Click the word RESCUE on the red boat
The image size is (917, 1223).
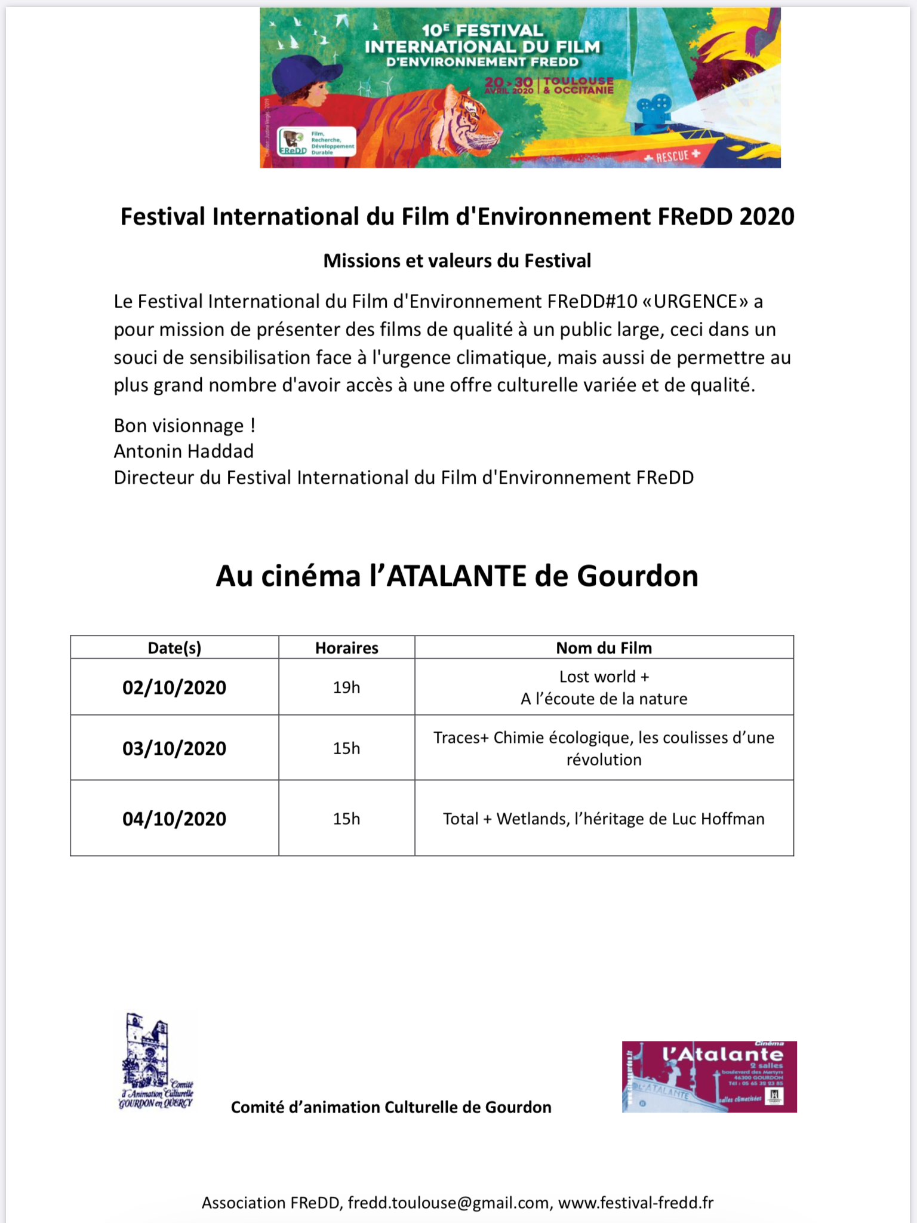click(x=673, y=157)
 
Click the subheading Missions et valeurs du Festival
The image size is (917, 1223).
click(x=457, y=261)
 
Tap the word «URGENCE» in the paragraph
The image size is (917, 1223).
click(x=695, y=302)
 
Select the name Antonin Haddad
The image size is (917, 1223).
click(x=184, y=451)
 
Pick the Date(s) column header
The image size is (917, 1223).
click(x=174, y=648)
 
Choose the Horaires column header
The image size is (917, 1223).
click(x=346, y=648)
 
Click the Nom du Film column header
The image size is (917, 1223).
click(x=604, y=648)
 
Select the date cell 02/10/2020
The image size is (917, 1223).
click(x=174, y=687)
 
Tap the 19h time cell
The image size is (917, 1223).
click(x=346, y=687)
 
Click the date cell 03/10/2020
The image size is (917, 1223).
click(x=174, y=748)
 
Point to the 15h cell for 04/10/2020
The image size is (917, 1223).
click(x=346, y=819)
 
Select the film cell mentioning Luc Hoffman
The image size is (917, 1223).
click(x=604, y=819)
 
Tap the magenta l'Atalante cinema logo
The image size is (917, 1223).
click(x=709, y=1077)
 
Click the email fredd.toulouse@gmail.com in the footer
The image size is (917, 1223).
click(x=448, y=1203)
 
